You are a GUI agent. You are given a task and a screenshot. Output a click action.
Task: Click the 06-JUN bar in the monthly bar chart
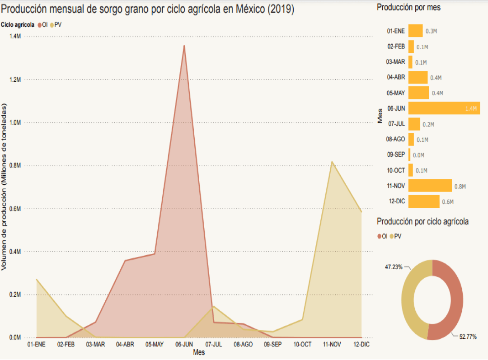click(444, 108)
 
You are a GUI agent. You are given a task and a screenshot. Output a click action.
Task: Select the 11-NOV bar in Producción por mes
click(430, 186)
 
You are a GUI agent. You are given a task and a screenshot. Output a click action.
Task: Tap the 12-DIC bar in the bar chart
click(423, 201)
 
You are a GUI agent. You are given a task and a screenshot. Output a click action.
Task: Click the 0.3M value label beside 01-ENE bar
click(431, 31)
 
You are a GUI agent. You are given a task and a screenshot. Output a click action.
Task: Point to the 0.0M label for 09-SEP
click(418, 155)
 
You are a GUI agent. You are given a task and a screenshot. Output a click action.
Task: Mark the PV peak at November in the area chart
click(332, 162)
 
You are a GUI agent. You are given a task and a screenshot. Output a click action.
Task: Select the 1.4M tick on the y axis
click(15, 36)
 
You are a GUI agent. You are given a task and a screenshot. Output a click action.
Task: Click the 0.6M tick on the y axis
click(15, 209)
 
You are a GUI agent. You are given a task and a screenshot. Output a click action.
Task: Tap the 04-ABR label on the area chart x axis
click(125, 344)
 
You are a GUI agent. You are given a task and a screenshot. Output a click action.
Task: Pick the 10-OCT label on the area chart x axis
click(302, 344)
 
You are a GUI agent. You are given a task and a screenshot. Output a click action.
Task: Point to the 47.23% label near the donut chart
click(394, 267)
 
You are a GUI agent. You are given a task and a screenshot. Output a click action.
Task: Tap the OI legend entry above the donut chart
click(382, 236)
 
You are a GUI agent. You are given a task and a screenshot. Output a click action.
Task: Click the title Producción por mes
click(408, 8)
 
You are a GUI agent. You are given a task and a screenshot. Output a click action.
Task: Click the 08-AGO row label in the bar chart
click(395, 139)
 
